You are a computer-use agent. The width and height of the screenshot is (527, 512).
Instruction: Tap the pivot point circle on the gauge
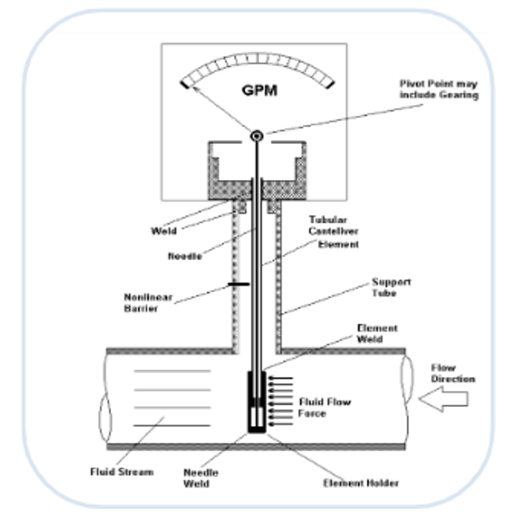[257, 136]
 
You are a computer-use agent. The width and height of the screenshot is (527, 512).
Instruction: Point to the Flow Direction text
[452, 373]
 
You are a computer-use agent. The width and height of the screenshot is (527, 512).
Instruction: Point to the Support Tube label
[391, 286]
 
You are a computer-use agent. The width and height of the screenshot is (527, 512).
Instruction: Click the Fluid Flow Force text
[324, 408]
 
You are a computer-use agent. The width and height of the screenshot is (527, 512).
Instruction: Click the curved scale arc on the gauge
[257, 61]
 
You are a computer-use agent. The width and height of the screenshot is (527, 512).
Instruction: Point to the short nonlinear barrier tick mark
[236, 283]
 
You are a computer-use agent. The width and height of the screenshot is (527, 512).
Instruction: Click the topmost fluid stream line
[172, 371]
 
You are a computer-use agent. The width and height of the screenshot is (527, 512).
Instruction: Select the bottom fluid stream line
[172, 426]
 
